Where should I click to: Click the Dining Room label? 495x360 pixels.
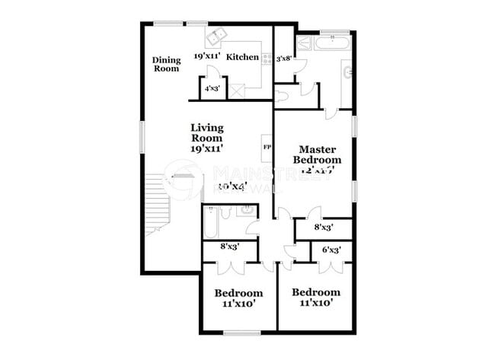click(x=165, y=64)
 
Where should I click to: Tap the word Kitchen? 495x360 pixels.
click(x=243, y=56)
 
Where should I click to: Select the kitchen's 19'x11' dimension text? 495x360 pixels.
click(x=206, y=56)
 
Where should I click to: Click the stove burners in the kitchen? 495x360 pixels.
click(x=267, y=57)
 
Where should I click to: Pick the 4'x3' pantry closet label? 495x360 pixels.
click(x=212, y=88)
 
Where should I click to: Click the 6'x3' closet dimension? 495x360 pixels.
click(x=331, y=250)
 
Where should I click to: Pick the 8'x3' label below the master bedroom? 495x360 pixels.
click(x=322, y=227)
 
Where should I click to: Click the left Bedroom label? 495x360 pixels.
click(x=238, y=293)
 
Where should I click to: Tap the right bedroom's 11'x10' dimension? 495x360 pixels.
click(x=315, y=304)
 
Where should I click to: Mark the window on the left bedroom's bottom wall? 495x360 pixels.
click(x=242, y=331)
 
